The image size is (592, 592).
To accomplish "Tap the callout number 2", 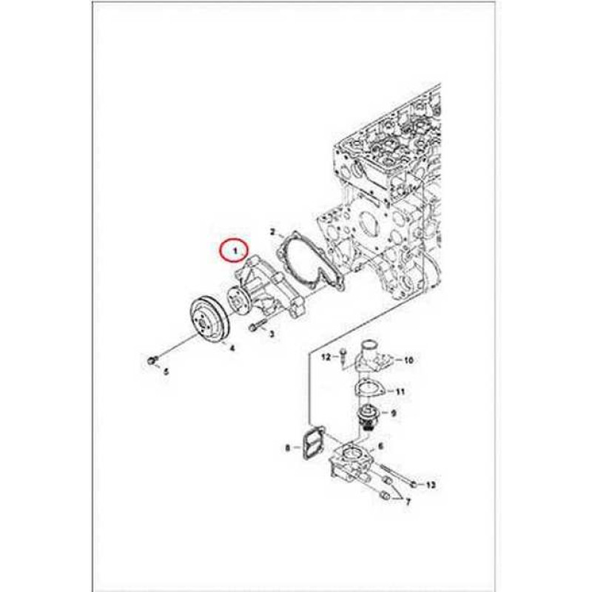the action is point(273,232).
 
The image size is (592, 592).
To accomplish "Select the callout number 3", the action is point(272,334).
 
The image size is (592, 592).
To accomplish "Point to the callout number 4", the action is point(232,348).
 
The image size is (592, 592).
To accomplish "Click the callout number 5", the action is point(166,372).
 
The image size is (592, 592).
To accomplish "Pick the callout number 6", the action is point(380,446).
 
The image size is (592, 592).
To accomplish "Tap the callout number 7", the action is point(408,502).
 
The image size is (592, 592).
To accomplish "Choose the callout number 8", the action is point(288,448).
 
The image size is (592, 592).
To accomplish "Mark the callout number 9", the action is point(394,414).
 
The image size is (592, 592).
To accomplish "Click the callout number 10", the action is point(408,360).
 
